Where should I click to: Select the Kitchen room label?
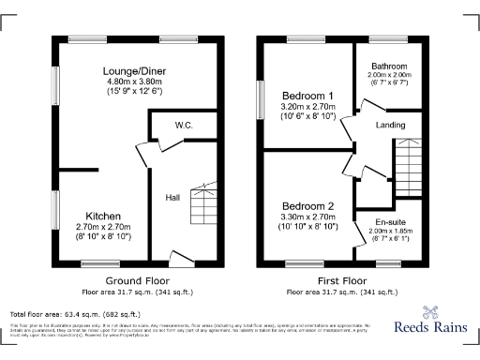tap(103, 216)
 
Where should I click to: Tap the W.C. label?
tap(184, 125)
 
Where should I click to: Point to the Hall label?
tap(173, 197)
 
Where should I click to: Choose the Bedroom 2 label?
tap(307, 206)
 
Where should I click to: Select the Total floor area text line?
tap(75, 314)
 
